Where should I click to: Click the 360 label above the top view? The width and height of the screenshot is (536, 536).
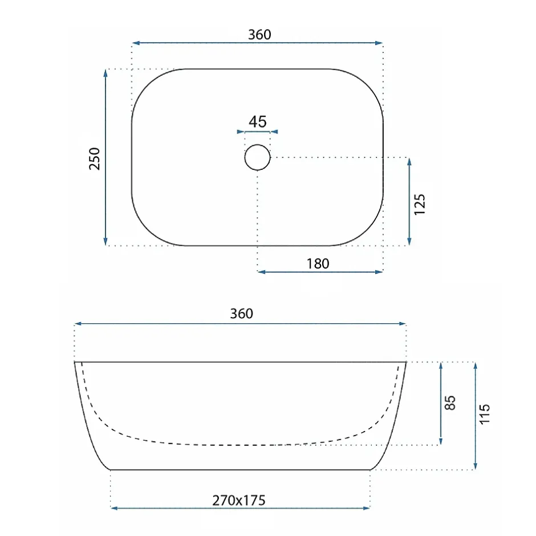tap(259, 35)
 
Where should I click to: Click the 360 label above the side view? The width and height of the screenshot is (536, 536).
tap(241, 314)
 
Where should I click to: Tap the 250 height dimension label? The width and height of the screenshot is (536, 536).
tap(94, 159)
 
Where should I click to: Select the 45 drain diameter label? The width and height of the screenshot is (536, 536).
tap(257, 121)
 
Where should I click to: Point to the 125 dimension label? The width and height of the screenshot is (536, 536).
tap(420, 204)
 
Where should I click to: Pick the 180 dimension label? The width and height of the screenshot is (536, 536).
tap(318, 264)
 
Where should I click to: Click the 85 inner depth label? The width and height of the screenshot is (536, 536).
tap(450, 403)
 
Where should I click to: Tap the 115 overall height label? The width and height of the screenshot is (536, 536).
tap(484, 415)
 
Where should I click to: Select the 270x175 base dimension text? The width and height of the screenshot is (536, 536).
tap(238, 501)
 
